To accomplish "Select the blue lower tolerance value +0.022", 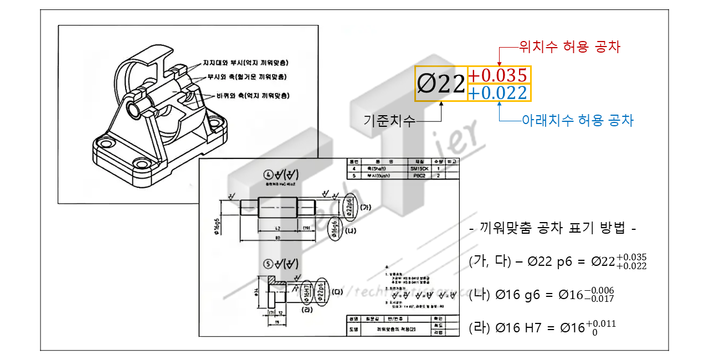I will (498, 93).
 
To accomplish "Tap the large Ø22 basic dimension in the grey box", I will (441, 84).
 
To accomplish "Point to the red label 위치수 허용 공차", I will (569, 47).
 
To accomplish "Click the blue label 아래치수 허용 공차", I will (578, 120).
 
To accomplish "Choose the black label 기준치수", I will (389, 120).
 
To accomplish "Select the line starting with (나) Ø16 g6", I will (541, 294).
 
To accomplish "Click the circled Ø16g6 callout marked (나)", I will (335, 228).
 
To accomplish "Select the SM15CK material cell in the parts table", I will (419, 168).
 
